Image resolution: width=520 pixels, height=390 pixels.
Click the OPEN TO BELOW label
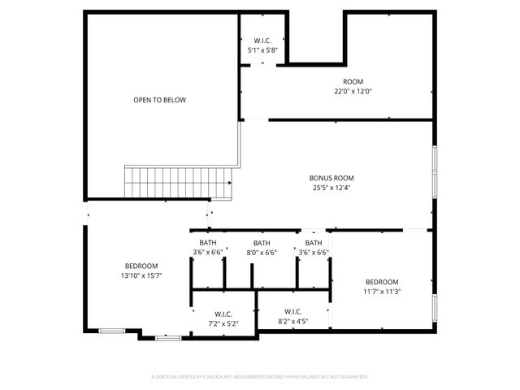click(x=159, y=100)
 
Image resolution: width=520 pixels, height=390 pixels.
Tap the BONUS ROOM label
click(x=331, y=177)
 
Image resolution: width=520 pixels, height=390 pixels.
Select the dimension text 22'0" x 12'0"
click(x=353, y=91)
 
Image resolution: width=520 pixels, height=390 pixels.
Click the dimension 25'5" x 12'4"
click(x=331, y=188)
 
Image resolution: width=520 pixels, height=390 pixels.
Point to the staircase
click(x=178, y=182)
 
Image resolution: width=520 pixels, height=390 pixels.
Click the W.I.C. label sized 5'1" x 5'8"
click(x=262, y=41)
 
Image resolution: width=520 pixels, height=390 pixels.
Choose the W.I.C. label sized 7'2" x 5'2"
click(x=223, y=314)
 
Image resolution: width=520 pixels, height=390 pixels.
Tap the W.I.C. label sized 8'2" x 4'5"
click(x=293, y=311)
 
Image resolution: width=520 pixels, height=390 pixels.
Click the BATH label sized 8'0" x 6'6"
click(x=262, y=243)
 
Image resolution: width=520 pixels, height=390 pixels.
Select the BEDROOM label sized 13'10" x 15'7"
click(x=141, y=266)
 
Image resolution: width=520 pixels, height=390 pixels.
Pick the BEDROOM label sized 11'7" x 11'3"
click(x=382, y=281)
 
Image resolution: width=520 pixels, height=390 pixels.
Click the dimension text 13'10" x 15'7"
click(x=141, y=275)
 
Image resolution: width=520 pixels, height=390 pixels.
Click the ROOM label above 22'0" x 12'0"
click(x=353, y=81)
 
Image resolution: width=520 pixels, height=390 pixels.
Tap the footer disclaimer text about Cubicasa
click(x=260, y=377)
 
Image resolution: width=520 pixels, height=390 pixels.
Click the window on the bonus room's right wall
click(x=435, y=172)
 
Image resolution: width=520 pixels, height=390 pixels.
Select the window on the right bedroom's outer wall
click(x=435, y=307)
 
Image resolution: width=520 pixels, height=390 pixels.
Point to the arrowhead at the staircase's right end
click(x=231, y=183)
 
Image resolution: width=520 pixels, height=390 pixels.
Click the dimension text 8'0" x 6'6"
click(x=262, y=253)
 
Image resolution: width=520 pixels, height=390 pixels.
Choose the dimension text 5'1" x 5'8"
click(x=262, y=50)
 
